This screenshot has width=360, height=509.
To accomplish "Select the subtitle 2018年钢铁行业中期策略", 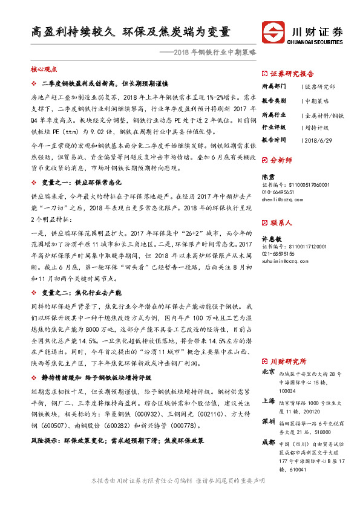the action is click(x=214, y=53).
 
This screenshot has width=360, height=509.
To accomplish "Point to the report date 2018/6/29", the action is click(x=319, y=140).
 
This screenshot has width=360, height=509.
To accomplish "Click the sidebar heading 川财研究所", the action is click(x=292, y=361).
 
